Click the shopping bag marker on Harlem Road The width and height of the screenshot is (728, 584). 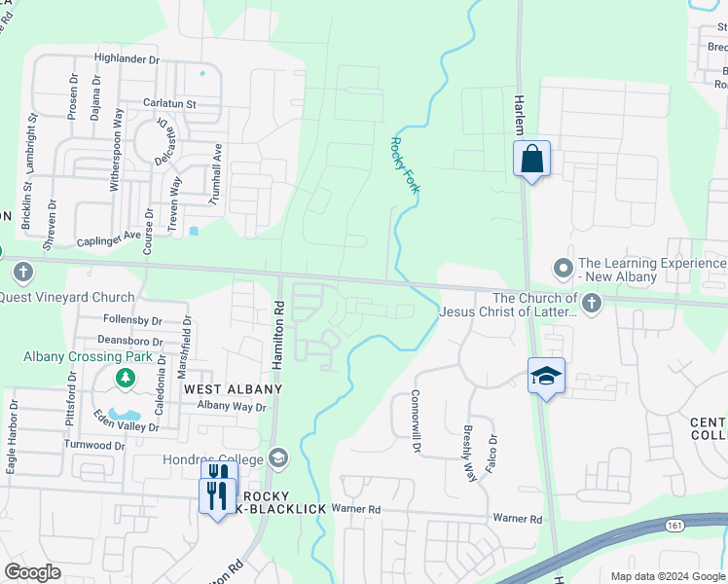coord(532,159)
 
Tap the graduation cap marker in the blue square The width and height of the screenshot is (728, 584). coord(546,376)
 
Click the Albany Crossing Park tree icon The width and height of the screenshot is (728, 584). coord(125,377)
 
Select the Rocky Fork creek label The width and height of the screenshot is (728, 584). coord(404,164)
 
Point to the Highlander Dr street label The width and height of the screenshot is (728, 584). coord(127,59)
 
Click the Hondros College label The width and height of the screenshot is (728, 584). coord(220,459)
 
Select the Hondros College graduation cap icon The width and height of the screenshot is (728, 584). coord(278,457)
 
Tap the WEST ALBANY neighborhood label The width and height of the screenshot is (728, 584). coord(233,389)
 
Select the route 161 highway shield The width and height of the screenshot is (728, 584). coord(673,525)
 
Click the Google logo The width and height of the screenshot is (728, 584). coord(33,572)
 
